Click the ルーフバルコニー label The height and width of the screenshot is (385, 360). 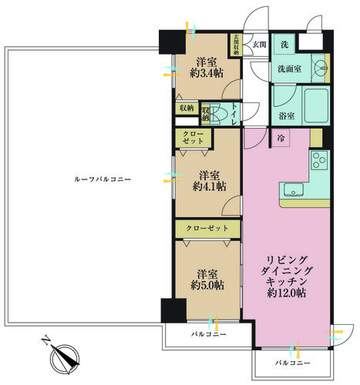(103, 179)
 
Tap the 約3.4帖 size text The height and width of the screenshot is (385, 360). (207, 73)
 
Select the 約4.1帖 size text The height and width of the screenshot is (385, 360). (210, 186)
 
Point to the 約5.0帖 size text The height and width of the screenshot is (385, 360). (207, 285)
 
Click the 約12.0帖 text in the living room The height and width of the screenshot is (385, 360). (286, 293)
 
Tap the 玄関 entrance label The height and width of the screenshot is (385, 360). (259, 45)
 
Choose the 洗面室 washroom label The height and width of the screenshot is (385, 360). (289, 69)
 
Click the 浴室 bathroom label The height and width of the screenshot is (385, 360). (287, 116)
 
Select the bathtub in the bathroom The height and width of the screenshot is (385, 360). (317, 105)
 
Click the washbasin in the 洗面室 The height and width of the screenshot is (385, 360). (321, 69)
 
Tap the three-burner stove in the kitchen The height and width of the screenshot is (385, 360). (319, 160)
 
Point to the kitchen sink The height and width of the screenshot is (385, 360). (294, 189)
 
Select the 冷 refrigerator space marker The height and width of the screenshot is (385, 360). (281, 138)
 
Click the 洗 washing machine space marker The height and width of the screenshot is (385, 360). (284, 45)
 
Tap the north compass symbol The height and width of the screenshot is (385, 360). (64, 359)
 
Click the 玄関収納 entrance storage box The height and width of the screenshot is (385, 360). (236, 45)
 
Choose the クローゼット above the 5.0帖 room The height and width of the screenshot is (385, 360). (207, 229)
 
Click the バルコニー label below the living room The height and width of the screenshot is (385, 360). (293, 363)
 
